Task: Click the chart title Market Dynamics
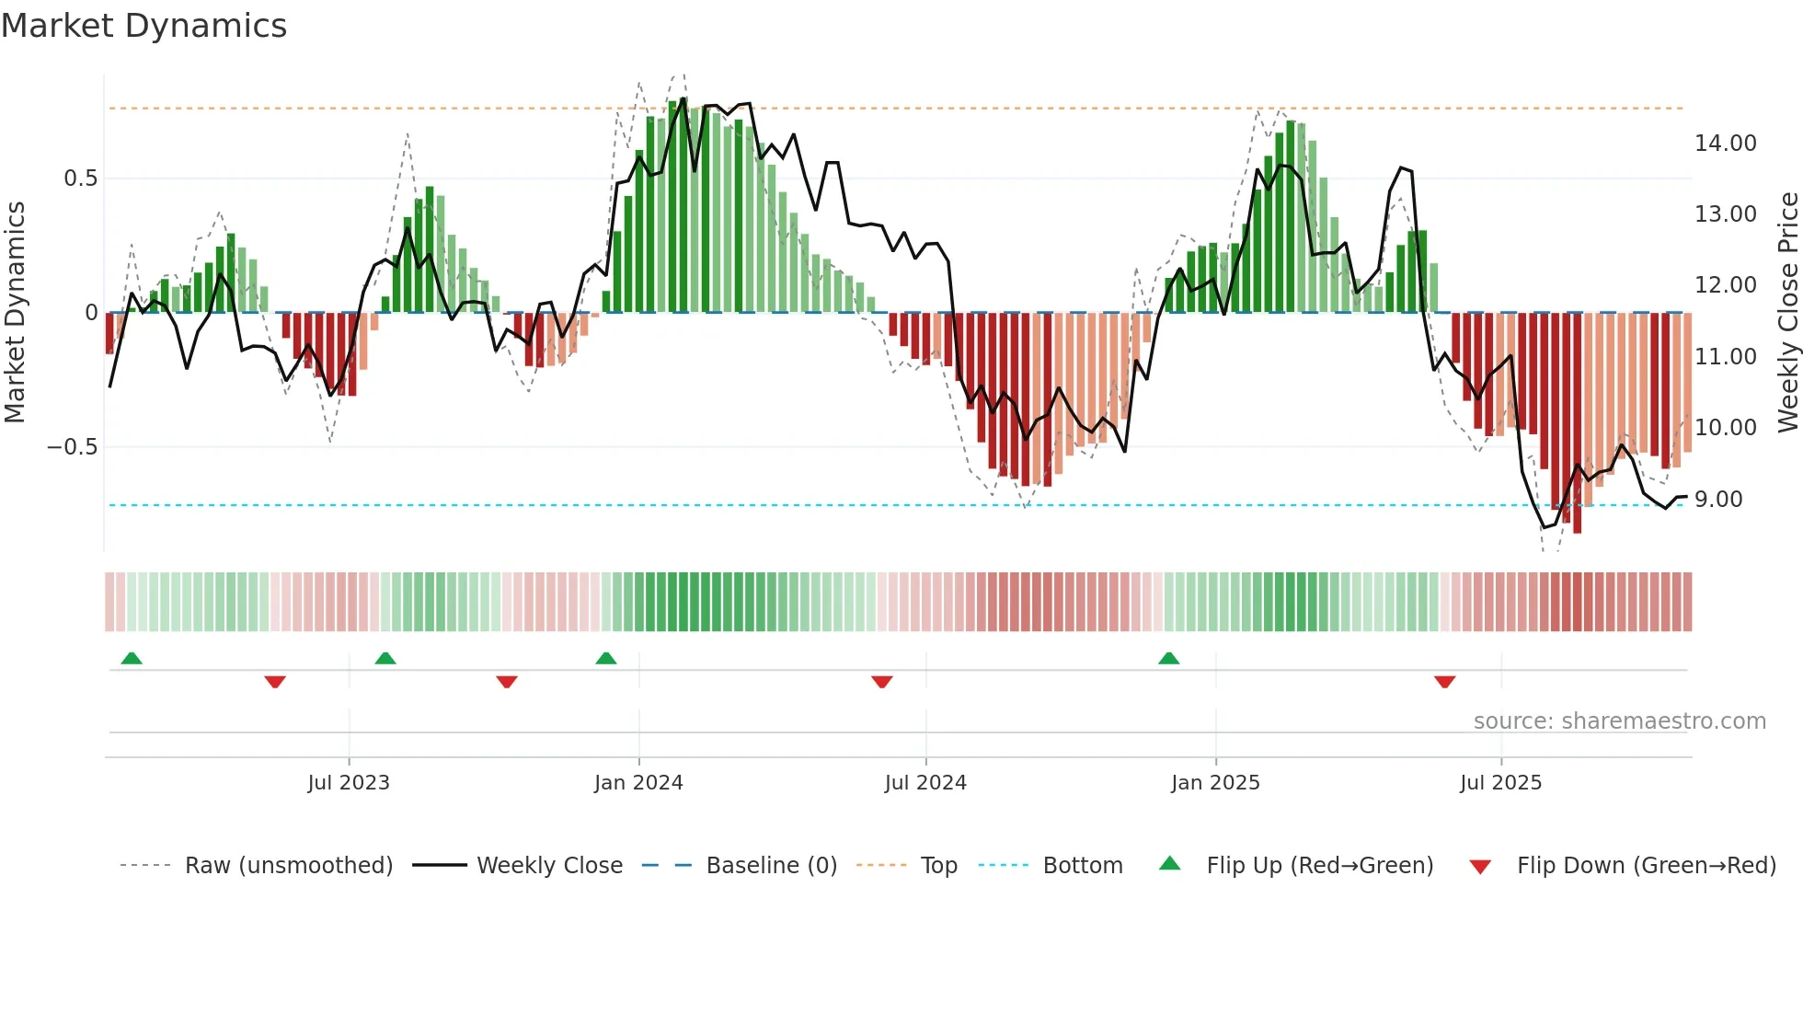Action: (x=144, y=26)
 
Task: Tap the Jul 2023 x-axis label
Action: (x=349, y=783)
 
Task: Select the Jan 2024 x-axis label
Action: (x=638, y=783)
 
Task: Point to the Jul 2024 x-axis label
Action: (x=925, y=783)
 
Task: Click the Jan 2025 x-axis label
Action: (x=1215, y=783)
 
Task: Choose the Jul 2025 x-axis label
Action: (x=1500, y=783)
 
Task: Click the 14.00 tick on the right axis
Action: (x=1725, y=144)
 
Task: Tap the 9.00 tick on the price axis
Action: (x=1718, y=500)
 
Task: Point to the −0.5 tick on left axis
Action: (x=72, y=447)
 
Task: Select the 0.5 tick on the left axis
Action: (x=80, y=179)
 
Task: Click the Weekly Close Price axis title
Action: (x=1787, y=313)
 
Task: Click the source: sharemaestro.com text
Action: (x=1619, y=721)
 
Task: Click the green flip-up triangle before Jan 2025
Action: (x=1168, y=659)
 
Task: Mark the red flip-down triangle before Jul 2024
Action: (x=881, y=682)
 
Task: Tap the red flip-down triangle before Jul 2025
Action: (x=1444, y=682)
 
